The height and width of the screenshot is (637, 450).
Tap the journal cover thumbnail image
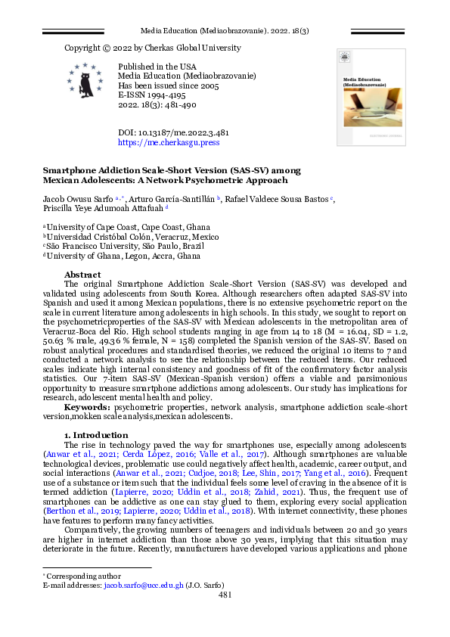[371, 97]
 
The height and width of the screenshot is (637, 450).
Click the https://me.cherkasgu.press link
[169, 141]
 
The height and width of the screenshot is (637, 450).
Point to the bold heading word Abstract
[83, 274]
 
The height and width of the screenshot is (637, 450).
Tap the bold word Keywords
[88, 406]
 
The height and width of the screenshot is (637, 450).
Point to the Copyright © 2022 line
[152, 48]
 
